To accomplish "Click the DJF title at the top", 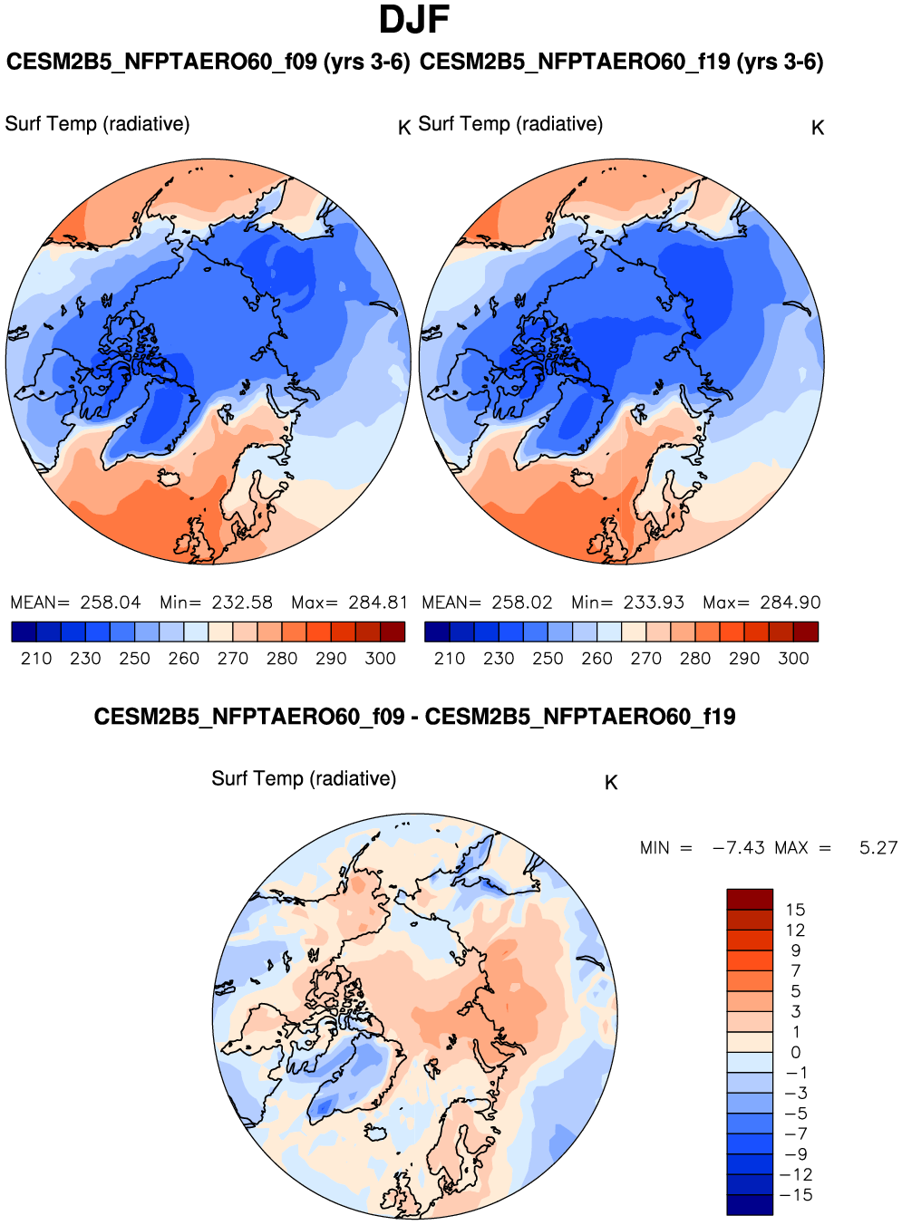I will (x=414, y=20).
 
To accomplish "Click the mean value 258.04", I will (x=111, y=603).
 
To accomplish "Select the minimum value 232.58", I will (x=242, y=603).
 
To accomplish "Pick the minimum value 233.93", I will (x=654, y=603).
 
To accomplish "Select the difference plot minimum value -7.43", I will (x=739, y=848).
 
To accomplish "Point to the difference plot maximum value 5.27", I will (x=878, y=848).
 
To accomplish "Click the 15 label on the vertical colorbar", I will (x=795, y=910).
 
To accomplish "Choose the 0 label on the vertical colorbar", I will (x=795, y=1053).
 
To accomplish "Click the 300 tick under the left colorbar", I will (x=380, y=659).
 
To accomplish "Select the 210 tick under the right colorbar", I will (x=450, y=659).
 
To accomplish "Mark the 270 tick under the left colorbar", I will (x=233, y=659).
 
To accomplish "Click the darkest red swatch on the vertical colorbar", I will (x=750, y=899).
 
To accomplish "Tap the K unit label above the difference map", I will (x=611, y=783).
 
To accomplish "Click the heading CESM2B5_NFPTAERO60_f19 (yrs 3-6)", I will (x=622, y=63).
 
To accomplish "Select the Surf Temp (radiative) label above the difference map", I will (x=304, y=778).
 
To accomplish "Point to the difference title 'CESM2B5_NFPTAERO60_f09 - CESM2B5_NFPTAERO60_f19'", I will (x=414, y=718).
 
